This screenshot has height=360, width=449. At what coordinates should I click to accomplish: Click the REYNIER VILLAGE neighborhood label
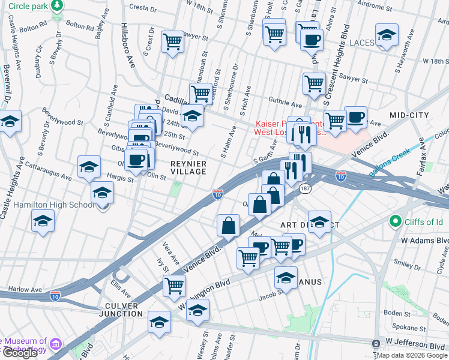point(188,167)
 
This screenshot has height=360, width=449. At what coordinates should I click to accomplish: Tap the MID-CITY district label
point(406,115)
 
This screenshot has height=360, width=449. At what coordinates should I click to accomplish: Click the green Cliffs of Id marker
point(394,222)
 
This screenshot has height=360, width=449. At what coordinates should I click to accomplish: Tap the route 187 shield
point(306,188)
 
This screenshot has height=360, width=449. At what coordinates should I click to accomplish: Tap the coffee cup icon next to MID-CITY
point(355,117)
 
